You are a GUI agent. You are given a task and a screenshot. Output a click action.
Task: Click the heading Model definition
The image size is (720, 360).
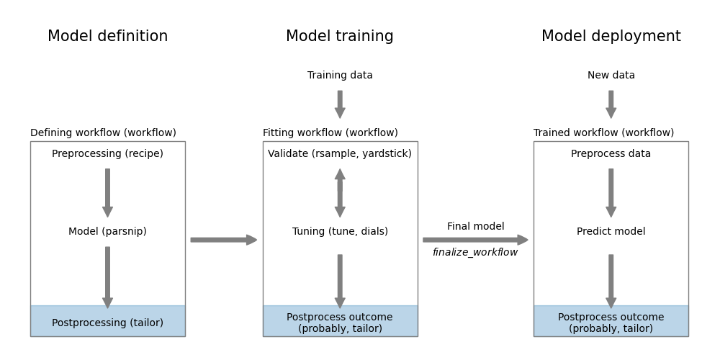[107, 37]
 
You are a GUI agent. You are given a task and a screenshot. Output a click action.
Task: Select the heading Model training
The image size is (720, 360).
[340, 37]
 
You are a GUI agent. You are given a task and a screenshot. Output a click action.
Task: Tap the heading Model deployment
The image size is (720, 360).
[611, 37]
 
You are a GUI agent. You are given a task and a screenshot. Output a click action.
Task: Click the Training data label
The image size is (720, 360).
[340, 76]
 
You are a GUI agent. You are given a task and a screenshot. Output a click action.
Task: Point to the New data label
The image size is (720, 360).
[611, 76]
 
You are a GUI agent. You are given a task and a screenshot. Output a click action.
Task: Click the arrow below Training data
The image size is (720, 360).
[340, 104]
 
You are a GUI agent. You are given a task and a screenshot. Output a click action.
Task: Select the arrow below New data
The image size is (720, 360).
[611, 104]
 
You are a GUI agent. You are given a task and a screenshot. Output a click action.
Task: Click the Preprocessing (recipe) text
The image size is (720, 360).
[107, 154]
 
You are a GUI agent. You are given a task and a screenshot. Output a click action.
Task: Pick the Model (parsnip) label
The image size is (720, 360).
[107, 232]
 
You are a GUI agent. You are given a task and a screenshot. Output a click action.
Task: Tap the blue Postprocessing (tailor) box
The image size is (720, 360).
[107, 322]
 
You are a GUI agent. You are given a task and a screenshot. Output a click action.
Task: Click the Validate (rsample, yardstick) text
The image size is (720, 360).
[340, 154]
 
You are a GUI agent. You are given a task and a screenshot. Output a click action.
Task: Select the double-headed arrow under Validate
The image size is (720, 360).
[340, 193]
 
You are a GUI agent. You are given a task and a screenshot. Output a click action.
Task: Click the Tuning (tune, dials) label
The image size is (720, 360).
[340, 232]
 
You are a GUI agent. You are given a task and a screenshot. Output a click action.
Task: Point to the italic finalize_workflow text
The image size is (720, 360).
[475, 253]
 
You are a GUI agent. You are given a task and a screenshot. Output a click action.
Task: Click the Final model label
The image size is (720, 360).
[475, 227]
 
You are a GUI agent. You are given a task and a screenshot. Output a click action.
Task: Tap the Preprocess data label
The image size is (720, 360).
[611, 154]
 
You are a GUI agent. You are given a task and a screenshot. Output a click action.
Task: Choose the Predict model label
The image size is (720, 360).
[611, 232]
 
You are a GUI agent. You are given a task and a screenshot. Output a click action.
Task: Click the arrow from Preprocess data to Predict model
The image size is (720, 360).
[611, 192]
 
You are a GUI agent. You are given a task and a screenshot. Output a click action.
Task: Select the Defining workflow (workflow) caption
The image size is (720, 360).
[103, 133]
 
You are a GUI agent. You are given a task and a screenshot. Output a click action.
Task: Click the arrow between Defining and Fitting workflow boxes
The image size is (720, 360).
[223, 240]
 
